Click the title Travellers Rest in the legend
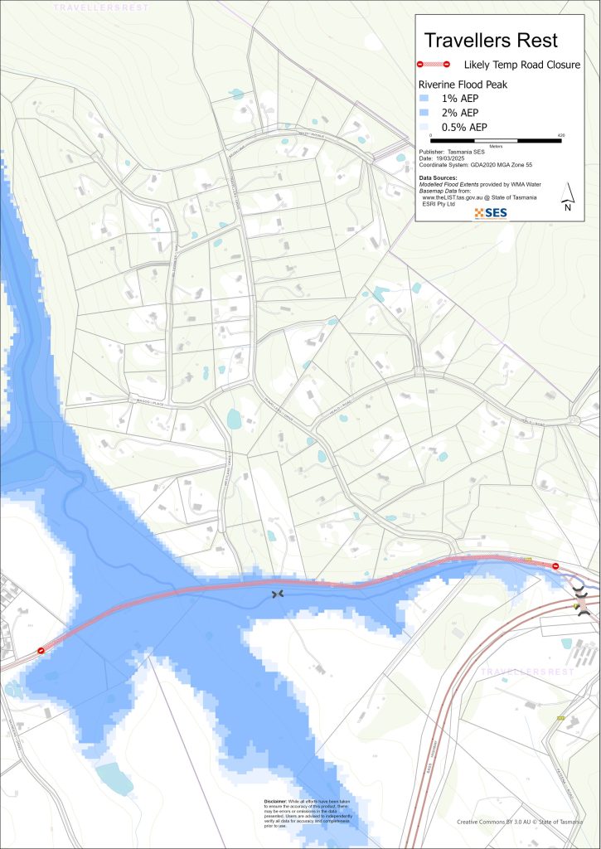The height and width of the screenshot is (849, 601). click(x=491, y=41)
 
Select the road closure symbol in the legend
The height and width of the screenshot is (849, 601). click(x=433, y=64)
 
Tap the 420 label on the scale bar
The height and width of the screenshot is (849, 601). click(x=561, y=133)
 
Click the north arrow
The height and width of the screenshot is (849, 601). click(x=567, y=196)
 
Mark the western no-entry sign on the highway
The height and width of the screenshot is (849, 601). click(x=40, y=651)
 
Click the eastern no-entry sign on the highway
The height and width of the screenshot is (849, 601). click(x=555, y=566)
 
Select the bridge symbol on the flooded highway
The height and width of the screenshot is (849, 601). click(x=277, y=594)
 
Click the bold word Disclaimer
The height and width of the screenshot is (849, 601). click(x=275, y=802)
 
